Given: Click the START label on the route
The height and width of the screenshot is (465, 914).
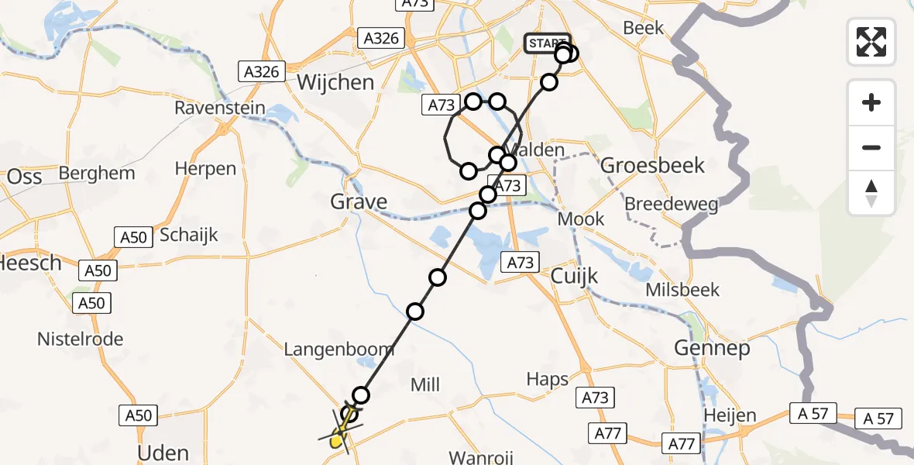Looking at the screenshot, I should [547, 43].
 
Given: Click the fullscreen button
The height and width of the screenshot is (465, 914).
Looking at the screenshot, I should [871, 42].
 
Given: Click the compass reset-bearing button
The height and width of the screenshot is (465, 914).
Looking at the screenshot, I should [871, 193].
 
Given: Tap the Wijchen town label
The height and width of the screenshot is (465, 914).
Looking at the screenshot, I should [335, 82].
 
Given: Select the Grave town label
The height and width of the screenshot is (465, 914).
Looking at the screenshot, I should [359, 202].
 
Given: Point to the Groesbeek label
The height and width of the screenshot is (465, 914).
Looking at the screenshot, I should [653, 165].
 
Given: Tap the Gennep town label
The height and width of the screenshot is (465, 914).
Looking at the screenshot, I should [712, 349].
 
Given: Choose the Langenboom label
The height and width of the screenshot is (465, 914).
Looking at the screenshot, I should [338, 350].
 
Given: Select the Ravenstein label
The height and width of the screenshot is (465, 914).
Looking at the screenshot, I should [219, 108].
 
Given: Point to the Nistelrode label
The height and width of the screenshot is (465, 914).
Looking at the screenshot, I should [81, 339].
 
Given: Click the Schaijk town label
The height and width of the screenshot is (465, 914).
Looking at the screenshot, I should [189, 235].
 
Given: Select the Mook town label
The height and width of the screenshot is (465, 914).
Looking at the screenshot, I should [581, 219].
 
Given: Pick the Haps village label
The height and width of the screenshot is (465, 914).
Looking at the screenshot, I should [548, 379].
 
